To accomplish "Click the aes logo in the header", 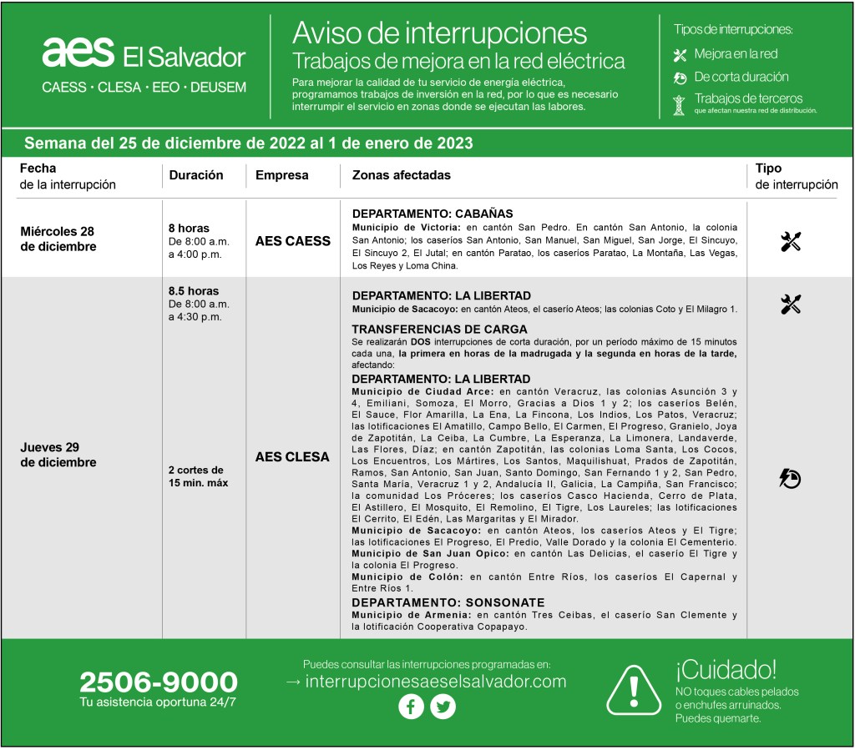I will pyautogui.click(x=78, y=52).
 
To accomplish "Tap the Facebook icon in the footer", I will pyautogui.click(x=411, y=707).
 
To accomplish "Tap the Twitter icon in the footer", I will pyautogui.click(x=443, y=707).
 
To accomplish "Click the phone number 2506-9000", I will pyautogui.click(x=159, y=682).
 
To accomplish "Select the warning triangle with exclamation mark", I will pyautogui.click(x=633, y=690).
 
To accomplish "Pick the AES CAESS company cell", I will pyautogui.click(x=292, y=241).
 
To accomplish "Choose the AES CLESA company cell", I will pyautogui.click(x=292, y=457).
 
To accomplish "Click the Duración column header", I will pyautogui.click(x=196, y=175).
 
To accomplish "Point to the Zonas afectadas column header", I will pyautogui.click(x=401, y=175).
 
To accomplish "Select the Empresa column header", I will pyautogui.click(x=281, y=175).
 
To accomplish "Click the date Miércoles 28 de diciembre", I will pyautogui.click(x=58, y=239).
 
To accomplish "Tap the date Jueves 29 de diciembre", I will pyautogui.click(x=58, y=455).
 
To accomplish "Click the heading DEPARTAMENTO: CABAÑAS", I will pyautogui.click(x=432, y=214).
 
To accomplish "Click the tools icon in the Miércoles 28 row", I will pyautogui.click(x=791, y=242).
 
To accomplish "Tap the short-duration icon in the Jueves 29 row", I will pyautogui.click(x=790, y=478).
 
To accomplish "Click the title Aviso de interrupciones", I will pyautogui.click(x=439, y=33).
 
